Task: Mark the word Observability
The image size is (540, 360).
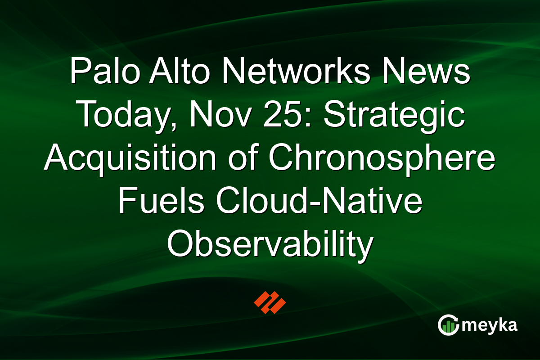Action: [x=270, y=244]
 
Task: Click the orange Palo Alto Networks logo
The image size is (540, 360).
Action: [x=270, y=302]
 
